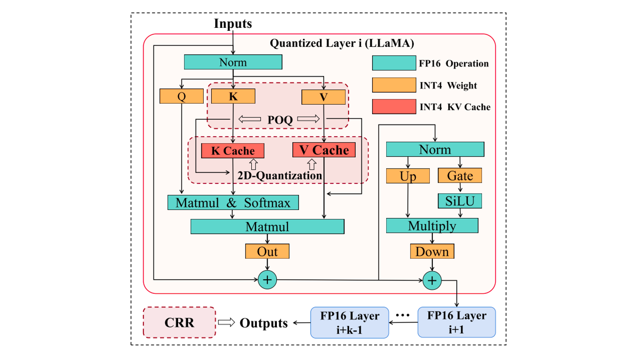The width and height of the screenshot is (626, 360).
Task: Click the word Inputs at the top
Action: [x=233, y=23]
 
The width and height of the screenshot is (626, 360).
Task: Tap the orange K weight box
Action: [x=233, y=97]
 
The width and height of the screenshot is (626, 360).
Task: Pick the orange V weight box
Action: [x=324, y=97]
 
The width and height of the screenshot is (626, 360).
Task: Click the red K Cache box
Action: [x=233, y=150]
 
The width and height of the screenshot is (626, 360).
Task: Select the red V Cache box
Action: [x=324, y=150]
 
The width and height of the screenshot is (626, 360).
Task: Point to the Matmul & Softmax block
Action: [x=233, y=202]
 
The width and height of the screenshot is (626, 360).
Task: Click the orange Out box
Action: [x=268, y=251]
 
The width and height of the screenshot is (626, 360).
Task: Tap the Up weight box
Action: [x=408, y=176]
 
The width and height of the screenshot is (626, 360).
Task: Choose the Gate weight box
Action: [x=460, y=176]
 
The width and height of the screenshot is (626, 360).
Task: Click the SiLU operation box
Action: [x=460, y=201]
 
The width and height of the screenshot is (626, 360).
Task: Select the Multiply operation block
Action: [x=432, y=226]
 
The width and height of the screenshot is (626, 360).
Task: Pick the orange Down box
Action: [x=432, y=251]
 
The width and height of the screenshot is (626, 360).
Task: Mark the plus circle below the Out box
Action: [x=268, y=279]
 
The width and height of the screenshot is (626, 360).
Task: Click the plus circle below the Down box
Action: [x=432, y=279]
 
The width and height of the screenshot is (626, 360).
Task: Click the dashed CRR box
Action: [x=179, y=322]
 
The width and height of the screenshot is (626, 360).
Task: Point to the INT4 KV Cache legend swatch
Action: [x=393, y=106]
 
